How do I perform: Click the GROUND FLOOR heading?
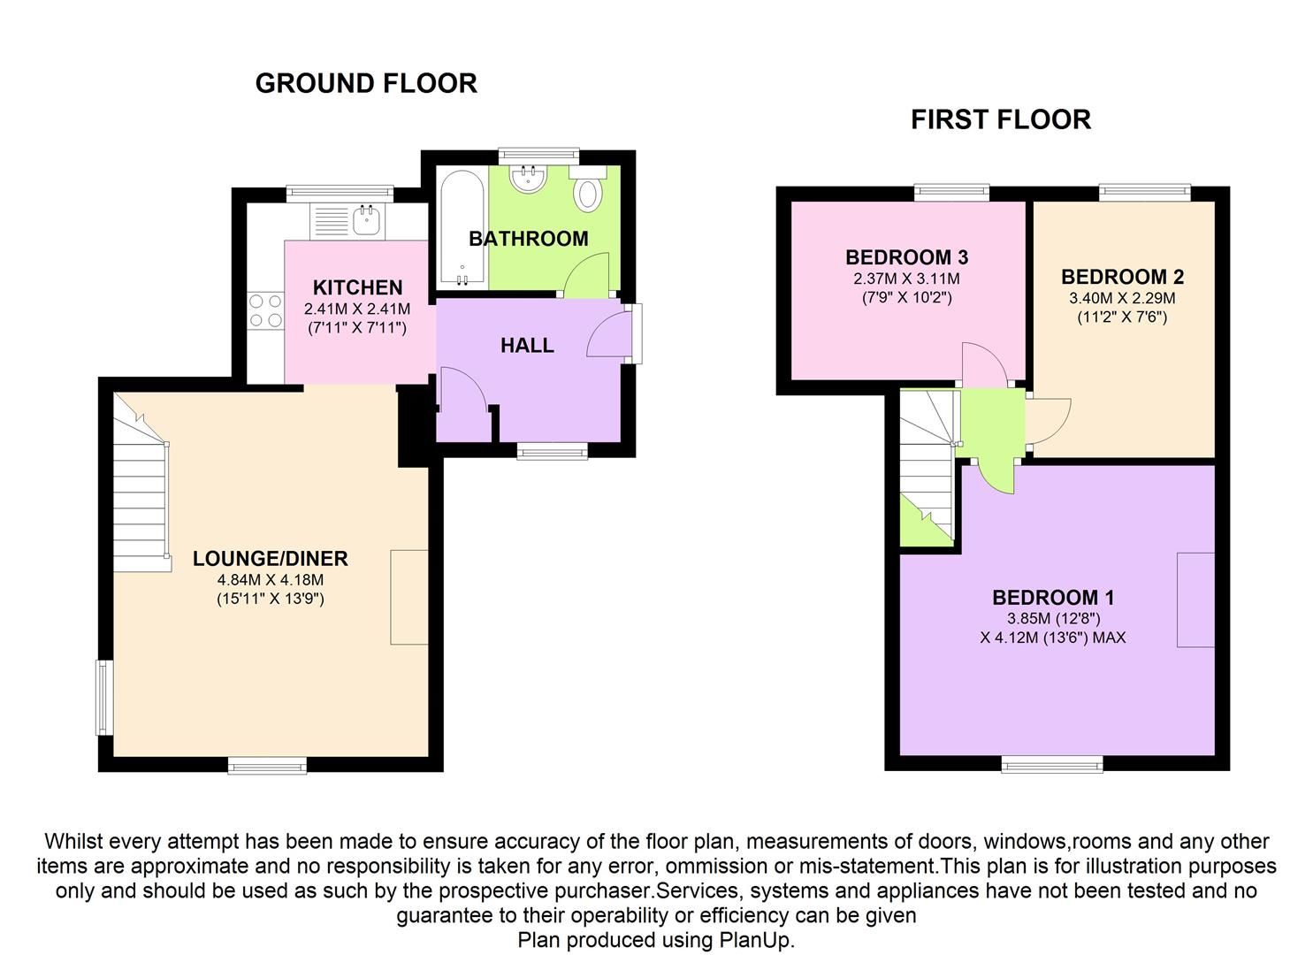pyautogui.click(x=366, y=83)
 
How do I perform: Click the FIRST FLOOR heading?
pyautogui.click(x=1000, y=119)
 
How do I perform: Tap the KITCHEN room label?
pyautogui.click(x=357, y=287)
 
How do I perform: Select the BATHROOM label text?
pyautogui.click(x=528, y=239)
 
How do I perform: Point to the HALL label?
pyautogui.click(x=527, y=346)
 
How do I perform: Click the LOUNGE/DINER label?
pyautogui.click(x=270, y=559)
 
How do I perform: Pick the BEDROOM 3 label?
pyautogui.click(x=906, y=257)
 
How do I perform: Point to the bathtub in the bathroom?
pyautogui.click(x=462, y=228)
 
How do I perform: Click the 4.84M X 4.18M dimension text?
pyautogui.click(x=270, y=580)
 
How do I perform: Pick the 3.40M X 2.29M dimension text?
pyautogui.click(x=1122, y=298)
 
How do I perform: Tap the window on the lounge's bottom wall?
pyautogui.click(x=267, y=765)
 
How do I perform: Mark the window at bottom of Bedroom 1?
pyautogui.click(x=1052, y=764)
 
